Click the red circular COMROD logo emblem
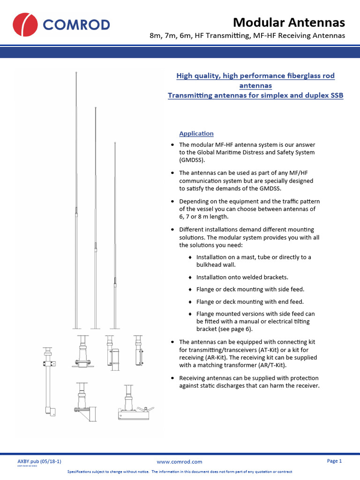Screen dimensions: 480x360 pyautogui.click(x=25, y=25)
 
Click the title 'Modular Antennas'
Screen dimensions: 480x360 pyautogui.click(x=289, y=22)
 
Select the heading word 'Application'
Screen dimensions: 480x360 pyautogui.click(x=196, y=134)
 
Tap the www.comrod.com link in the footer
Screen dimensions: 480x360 pyautogui.click(x=180, y=462)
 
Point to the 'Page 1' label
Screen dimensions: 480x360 pyautogui.click(x=334, y=461)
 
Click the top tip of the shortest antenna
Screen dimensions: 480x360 pyautogui.click(x=115, y=142)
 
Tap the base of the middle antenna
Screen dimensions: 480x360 pyautogui.click(x=96, y=328)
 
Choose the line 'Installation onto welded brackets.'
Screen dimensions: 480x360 pyautogui.click(x=242, y=277)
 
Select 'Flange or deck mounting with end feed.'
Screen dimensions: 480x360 pyautogui.click(x=250, y=301)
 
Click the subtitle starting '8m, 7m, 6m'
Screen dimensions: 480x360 pyautogui.click(x=247, y=36)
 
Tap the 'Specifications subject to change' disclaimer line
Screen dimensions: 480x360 pyautogui.click(x=180, y=472)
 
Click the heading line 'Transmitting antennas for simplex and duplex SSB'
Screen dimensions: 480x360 pyautogui.click(x=255, y=96)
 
